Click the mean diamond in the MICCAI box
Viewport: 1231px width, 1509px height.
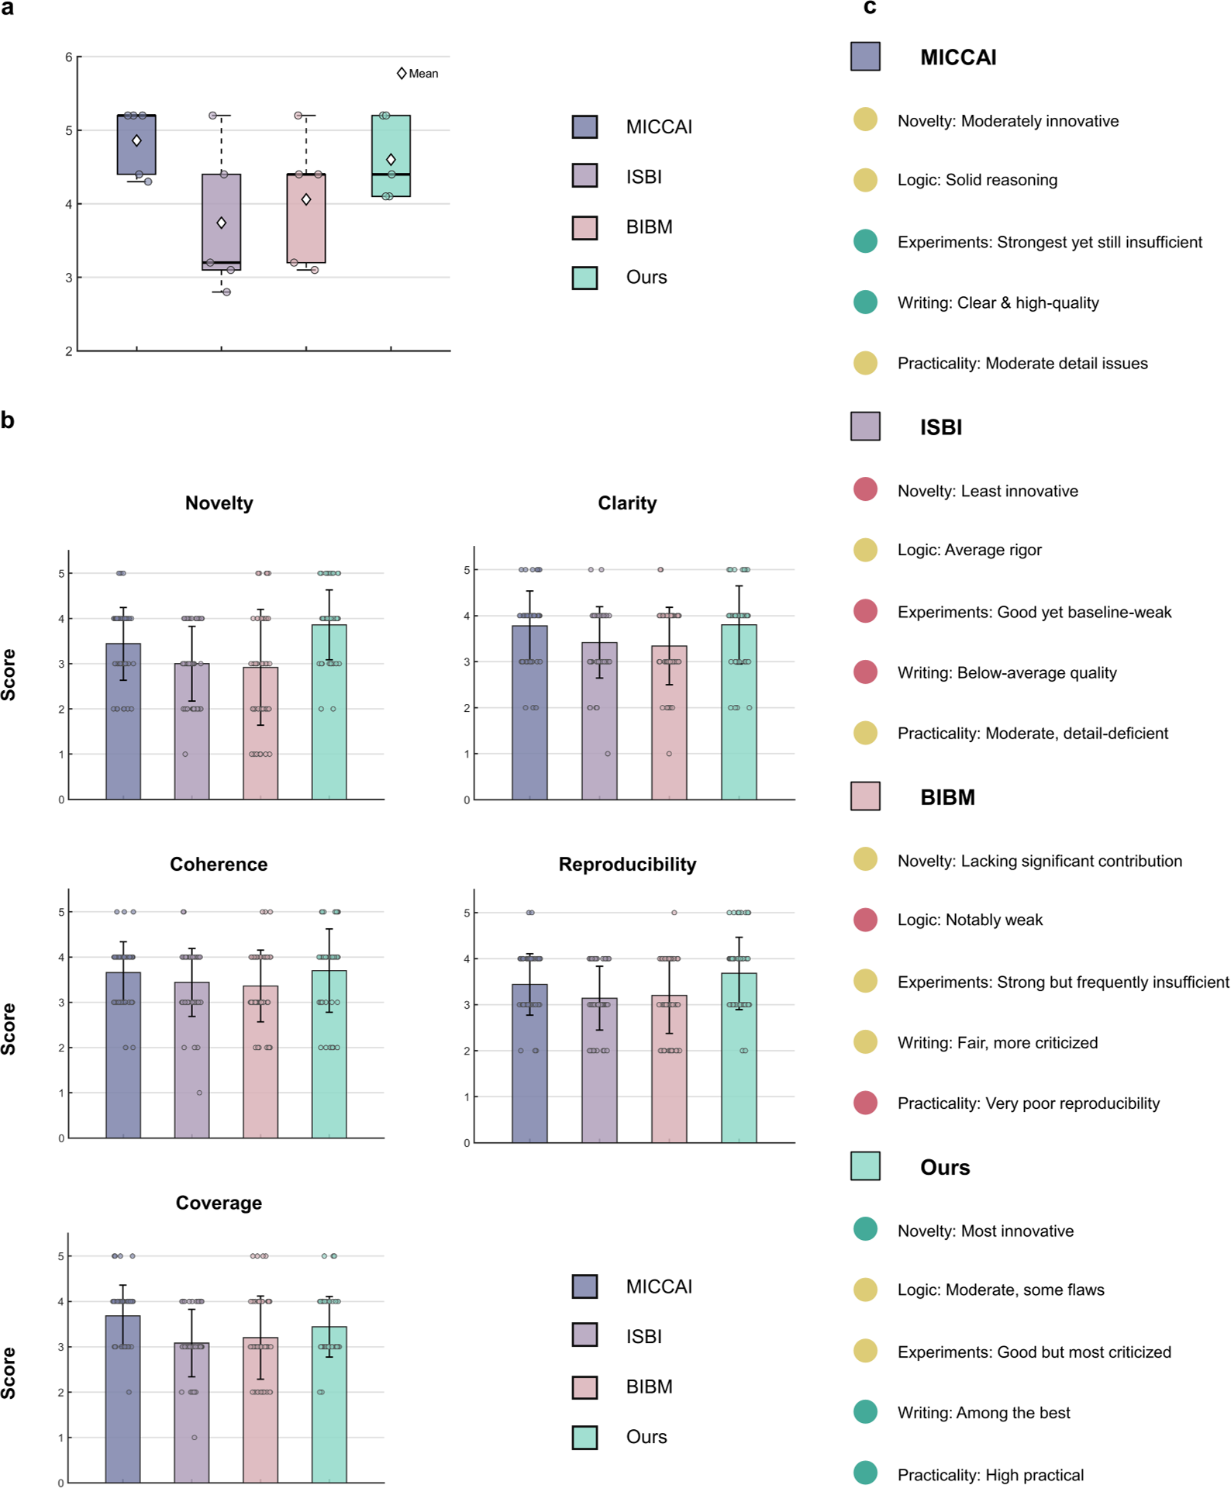[136, 140]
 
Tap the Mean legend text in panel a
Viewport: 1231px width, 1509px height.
[423, 74]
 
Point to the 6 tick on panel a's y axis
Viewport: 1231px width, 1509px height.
[69, 57]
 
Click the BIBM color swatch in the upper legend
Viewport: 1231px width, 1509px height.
[584, 227]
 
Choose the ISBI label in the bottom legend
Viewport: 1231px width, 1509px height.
[643, 1336]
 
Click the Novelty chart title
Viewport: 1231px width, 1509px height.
[219, 503]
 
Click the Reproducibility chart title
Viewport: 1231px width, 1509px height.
[627, 865]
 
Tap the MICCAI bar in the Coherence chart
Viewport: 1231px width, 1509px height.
[123, 1062]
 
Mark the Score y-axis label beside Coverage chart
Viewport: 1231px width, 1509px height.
[9, 1373]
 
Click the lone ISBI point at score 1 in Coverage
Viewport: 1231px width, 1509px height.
[194, 1438]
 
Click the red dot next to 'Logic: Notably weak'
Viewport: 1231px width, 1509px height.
[865, 920]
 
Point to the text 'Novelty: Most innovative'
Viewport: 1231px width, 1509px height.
[985, 1231]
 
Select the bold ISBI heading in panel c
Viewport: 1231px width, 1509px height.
[940, 427]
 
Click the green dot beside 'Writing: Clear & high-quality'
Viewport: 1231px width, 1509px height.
[865, 302]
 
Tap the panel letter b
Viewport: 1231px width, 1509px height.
[8, 420]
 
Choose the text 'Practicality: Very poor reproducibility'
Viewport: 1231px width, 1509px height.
[1028, 1103]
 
